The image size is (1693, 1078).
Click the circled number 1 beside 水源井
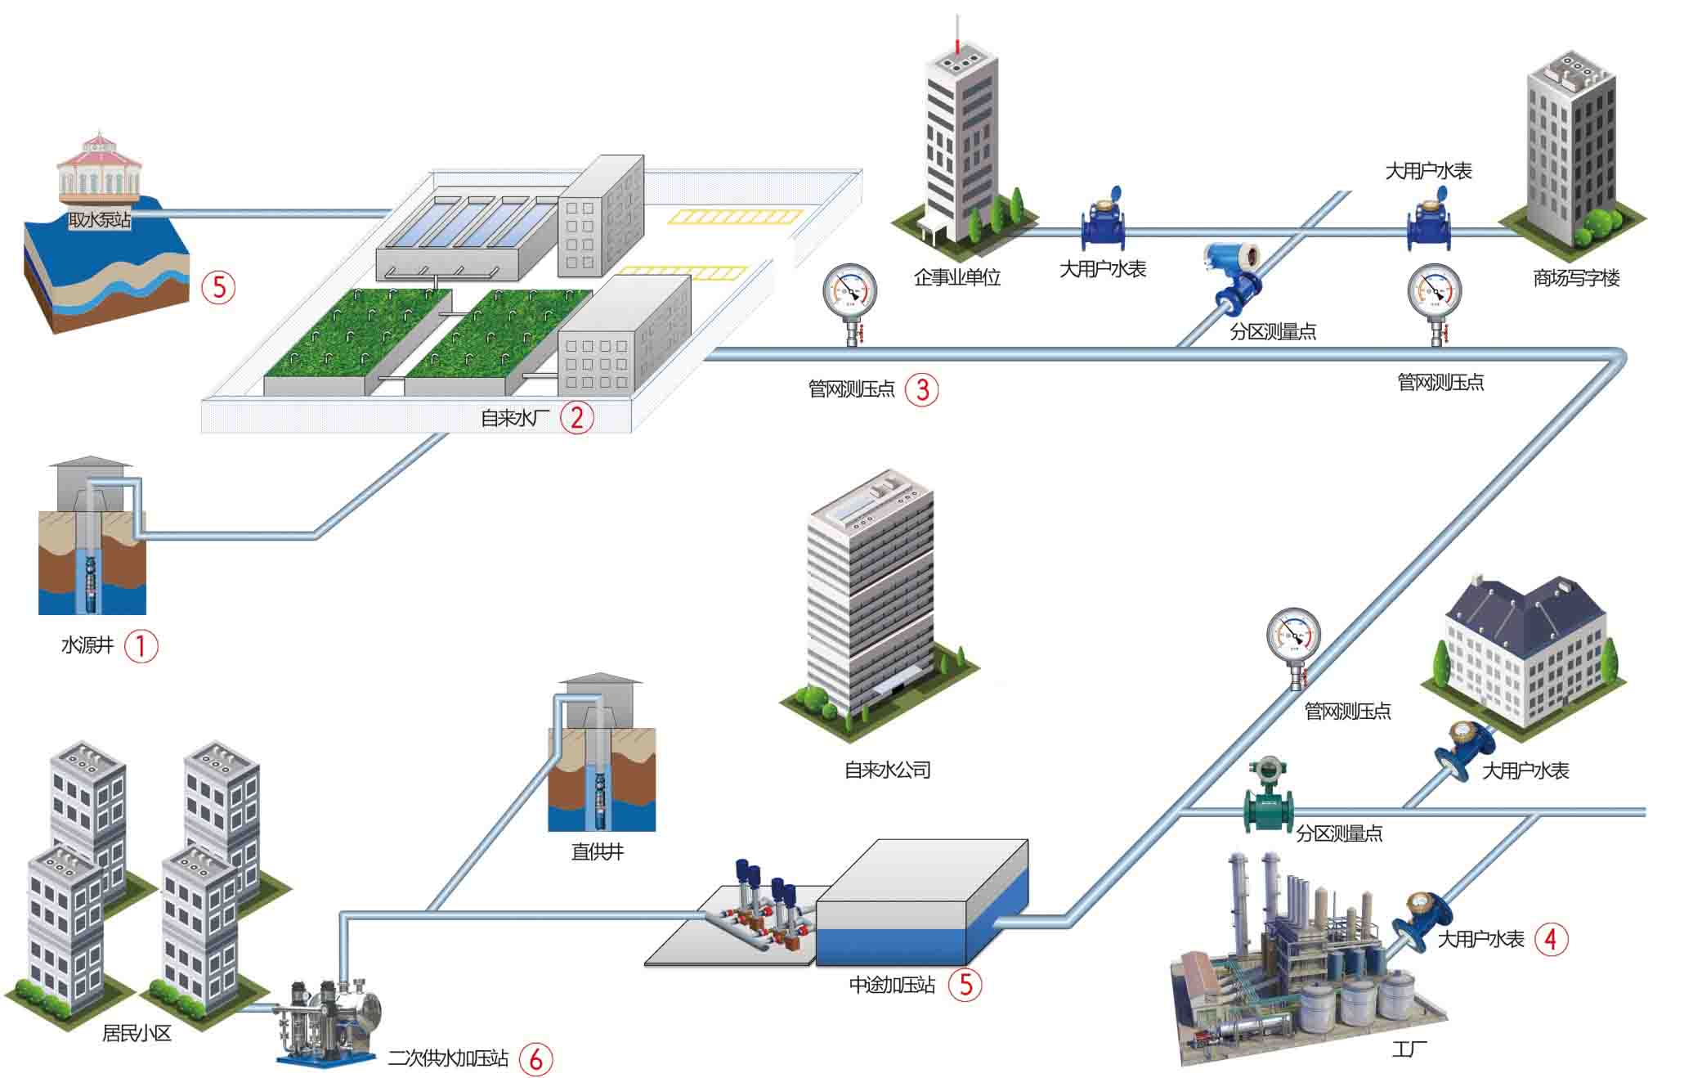[141, 646]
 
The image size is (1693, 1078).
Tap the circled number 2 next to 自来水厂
[576, 417]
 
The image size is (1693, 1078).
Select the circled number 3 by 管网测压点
[922, 389]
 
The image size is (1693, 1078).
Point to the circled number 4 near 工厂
[1551, 939]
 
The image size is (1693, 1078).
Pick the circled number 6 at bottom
[535, 1059]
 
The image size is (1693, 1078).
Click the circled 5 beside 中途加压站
[965, 984]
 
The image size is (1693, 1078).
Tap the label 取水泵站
[99, 219]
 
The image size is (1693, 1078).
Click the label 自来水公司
[887, 770]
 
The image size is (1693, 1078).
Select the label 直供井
[598, 851]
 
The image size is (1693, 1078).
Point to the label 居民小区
[137, 1033]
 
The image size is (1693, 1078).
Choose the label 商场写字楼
[1575, 278]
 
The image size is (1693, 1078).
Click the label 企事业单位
[956, 277]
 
